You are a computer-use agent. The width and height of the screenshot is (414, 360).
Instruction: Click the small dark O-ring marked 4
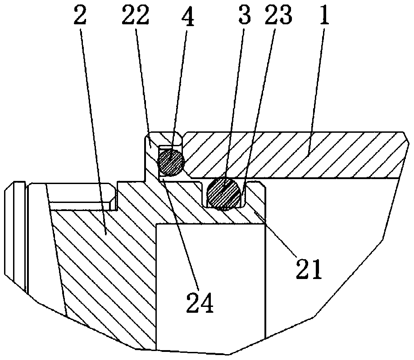tap(171, 162)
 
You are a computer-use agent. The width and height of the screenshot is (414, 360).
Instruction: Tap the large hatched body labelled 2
tap(104, 261)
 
